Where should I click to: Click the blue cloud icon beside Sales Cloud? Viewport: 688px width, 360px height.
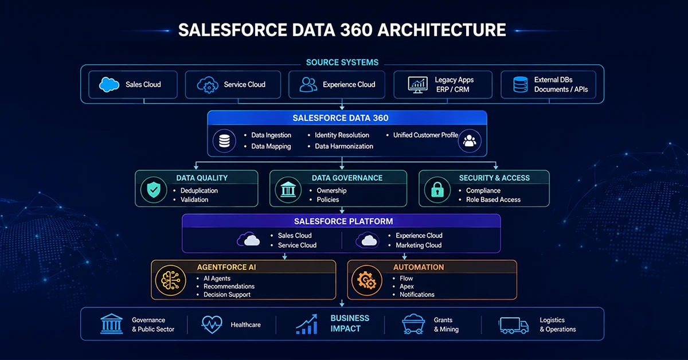(109, 84)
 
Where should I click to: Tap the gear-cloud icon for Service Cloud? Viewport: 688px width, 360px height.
(208, 85)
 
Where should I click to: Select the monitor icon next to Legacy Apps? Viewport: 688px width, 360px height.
(418, 85)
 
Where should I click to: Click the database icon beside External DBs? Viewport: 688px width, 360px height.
(521, 84)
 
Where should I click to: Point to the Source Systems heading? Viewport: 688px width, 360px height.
(342, 62)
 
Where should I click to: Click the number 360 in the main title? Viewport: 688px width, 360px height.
(356, 30)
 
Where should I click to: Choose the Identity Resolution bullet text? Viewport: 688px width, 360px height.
(342, 135)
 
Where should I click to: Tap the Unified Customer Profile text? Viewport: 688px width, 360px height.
(425, 135)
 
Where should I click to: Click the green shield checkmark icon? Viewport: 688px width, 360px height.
(154, 190)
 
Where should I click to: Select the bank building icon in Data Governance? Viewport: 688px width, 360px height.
(288, 189)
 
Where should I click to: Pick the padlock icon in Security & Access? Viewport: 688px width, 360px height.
(437, 189)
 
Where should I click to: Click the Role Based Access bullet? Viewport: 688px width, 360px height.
(493, 199)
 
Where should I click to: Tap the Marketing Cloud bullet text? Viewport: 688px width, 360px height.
(419, 245)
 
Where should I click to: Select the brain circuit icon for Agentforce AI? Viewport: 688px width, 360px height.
(171, 280)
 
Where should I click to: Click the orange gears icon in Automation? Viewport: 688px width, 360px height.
(366, 280)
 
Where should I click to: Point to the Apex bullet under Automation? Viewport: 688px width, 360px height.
(406, 287)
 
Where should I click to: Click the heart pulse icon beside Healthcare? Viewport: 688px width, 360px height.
(212, 324)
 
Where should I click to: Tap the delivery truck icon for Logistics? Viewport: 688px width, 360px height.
(514, 325)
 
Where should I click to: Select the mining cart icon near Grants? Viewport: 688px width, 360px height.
(413, 324)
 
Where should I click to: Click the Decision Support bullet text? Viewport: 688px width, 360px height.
(227, 295)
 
